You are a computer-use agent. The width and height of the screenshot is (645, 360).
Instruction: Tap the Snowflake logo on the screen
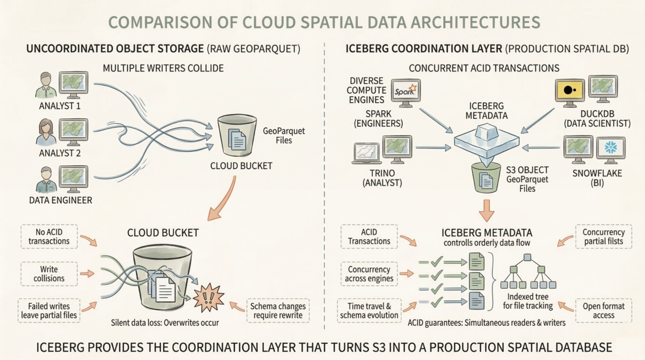[611, 148]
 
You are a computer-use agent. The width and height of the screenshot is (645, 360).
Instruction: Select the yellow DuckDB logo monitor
[569, 90]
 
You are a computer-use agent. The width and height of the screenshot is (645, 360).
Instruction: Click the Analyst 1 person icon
[46, 85]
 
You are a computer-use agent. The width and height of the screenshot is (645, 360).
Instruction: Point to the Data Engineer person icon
[46, 180]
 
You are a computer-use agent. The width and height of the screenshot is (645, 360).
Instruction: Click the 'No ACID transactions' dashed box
[49, 236]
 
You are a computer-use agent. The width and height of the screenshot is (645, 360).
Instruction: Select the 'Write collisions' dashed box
[49, 274]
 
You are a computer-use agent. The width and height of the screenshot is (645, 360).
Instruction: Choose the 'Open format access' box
[603, 310]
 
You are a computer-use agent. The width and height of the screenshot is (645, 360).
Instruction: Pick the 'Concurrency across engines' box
[369, 274]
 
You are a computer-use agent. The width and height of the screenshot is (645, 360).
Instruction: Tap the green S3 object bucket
[486, 177]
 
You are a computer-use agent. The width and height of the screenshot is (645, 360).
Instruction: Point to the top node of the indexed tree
[528, 257]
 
